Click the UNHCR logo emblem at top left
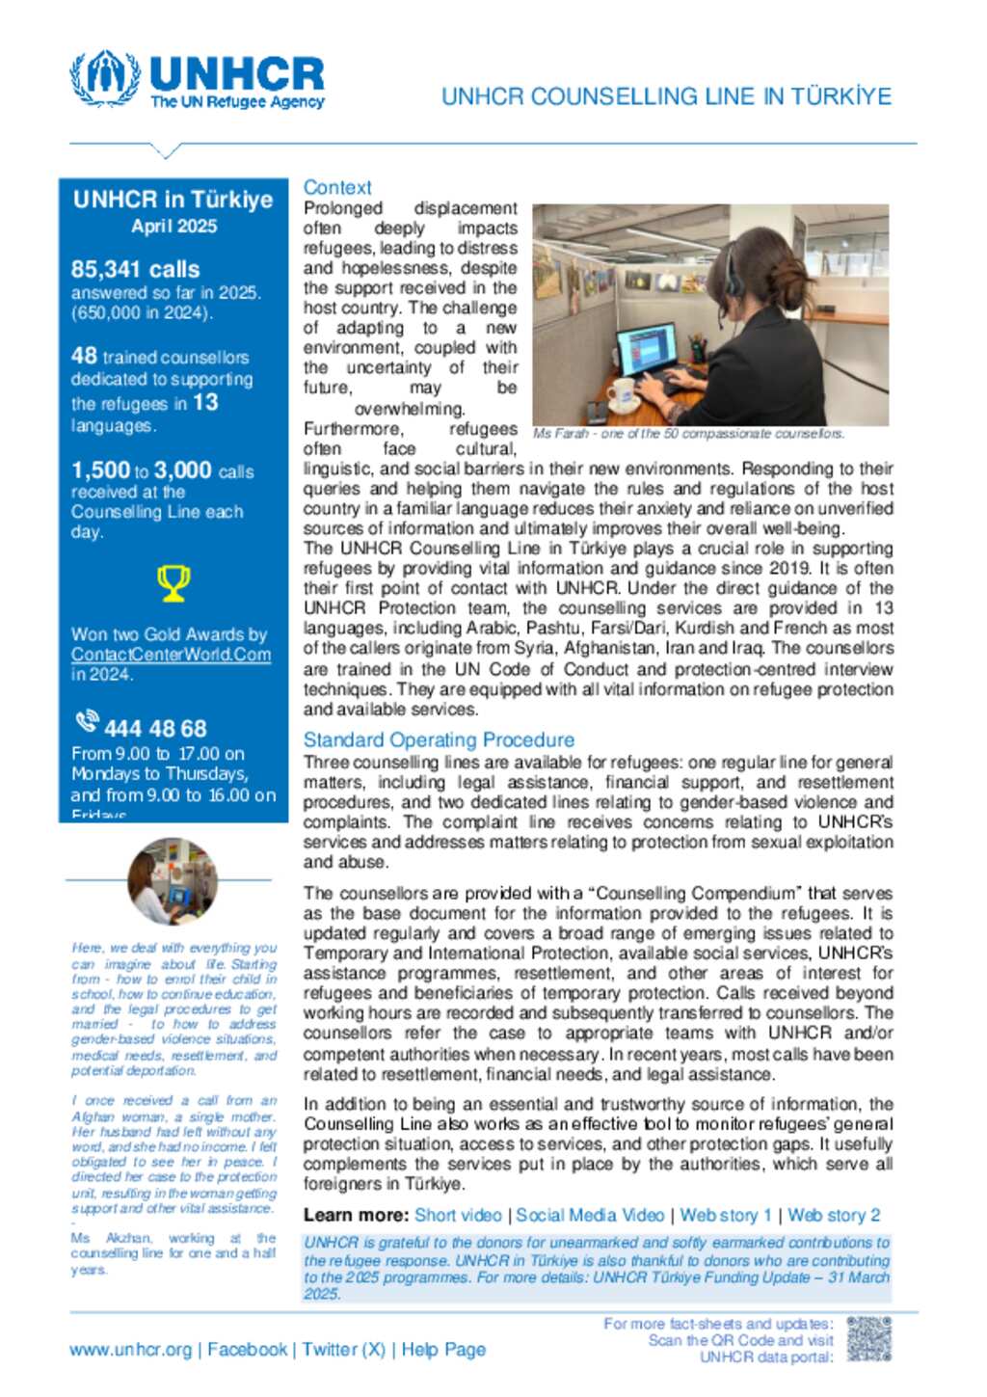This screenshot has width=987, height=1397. [105, 78]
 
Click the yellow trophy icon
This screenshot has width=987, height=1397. [173, 583]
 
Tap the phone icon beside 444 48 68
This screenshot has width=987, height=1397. [87, 722]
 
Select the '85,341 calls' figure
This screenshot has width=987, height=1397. [135, 269]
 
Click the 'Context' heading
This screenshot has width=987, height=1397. [337, 188]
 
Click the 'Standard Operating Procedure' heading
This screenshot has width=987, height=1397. [439, 740]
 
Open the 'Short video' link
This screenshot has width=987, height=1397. [458, 1216]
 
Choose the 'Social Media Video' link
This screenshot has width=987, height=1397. [590, 1216]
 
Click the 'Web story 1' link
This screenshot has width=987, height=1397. [726, 1216]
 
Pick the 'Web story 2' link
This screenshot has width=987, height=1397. [834, 1216]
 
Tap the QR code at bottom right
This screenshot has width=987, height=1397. [868, 1340]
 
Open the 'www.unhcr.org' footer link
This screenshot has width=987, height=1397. [130, 1350]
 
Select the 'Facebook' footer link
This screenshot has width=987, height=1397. [247, 1350]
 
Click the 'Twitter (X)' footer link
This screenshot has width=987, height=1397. [343, 1350]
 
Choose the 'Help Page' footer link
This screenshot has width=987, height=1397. [443, 1350]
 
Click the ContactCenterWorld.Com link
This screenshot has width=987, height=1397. [171, 655]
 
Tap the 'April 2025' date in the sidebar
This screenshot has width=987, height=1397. [173, 227]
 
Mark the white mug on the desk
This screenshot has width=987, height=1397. [624, 390]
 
